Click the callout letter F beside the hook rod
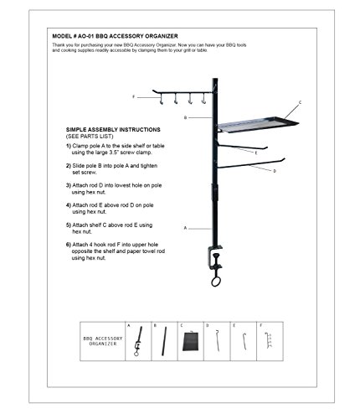tap(133, 97)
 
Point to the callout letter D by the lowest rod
tap(274, 171)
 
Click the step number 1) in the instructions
tap(68, 145)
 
